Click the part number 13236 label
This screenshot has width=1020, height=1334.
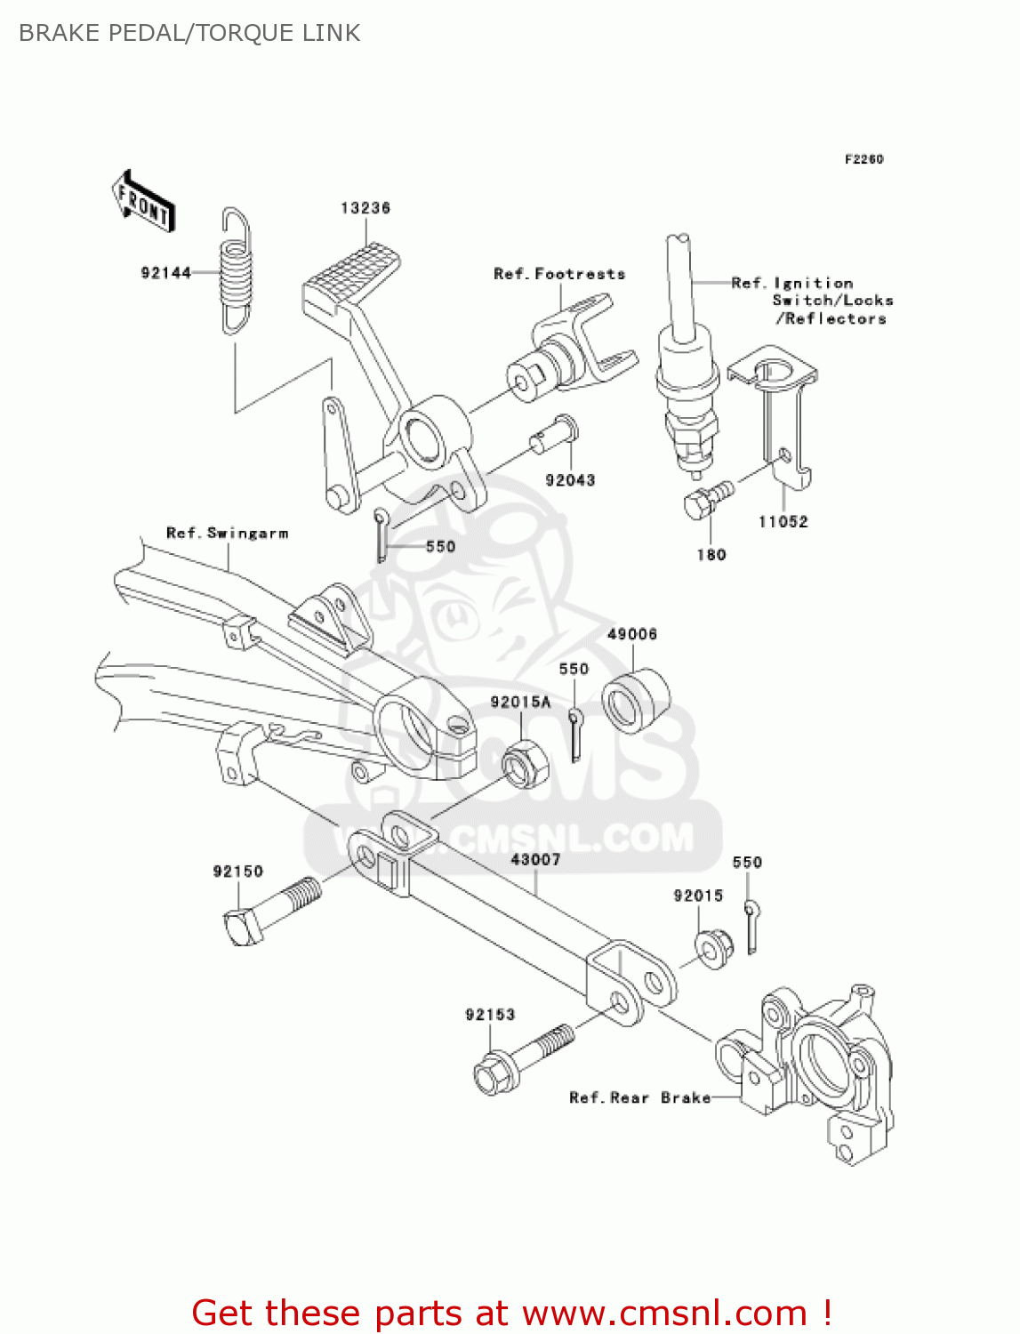tap(365, 208)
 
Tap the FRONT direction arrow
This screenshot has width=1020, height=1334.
tap(143, 202)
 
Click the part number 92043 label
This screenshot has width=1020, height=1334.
tap(570, 480)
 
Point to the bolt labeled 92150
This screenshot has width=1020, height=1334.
tap(271, 911)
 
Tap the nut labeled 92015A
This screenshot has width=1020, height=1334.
tap(525, 764)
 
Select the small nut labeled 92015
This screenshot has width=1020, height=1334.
tap(712, 949)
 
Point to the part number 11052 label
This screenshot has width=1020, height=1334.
tap(783, 522)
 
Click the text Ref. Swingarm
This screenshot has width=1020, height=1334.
tap(227, 534)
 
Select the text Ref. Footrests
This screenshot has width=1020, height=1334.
tap(559, 274)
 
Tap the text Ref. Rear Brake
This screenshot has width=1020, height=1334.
tap(639, 1098)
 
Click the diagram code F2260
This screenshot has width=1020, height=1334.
tap(863, 159)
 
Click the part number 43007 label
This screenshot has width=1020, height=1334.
tap(535, 860)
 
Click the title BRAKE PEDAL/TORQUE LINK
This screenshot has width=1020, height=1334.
tap(189, 33)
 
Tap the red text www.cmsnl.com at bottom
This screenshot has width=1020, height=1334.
tap(663, 1313)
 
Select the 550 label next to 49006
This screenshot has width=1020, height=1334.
tap(574, 669)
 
